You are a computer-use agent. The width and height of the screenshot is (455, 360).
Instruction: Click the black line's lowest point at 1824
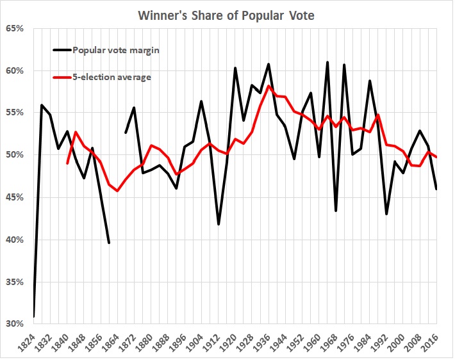(x=33, y=316)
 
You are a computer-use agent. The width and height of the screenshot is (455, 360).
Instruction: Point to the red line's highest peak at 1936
(x=269, y=86)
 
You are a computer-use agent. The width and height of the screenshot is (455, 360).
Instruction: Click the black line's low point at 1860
(x=109, y=242)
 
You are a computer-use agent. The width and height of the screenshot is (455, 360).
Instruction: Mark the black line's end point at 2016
(x=437, y=188)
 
